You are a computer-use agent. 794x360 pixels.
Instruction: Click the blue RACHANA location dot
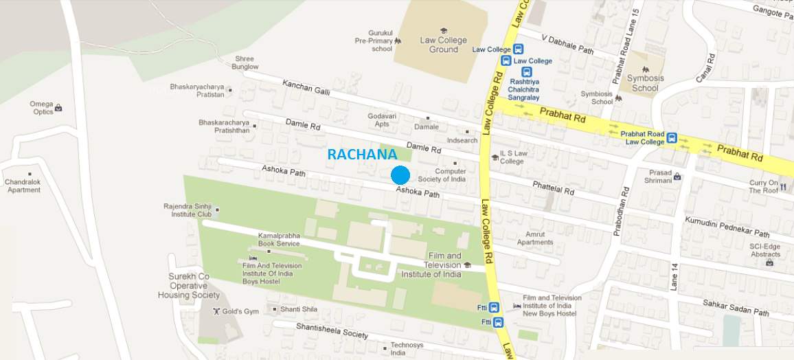coord(400,175)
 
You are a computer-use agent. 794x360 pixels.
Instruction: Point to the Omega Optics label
coord(41,108)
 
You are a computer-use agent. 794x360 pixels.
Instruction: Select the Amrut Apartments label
coord(535,238)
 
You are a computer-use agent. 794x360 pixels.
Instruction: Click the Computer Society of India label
coord(450,175)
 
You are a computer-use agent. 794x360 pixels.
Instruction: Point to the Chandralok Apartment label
coord(24,185)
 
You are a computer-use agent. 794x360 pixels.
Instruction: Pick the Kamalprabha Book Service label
coord(278,239)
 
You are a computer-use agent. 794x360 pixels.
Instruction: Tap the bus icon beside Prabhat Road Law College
coord(672,137)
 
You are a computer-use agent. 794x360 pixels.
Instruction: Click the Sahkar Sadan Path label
coord(736,307)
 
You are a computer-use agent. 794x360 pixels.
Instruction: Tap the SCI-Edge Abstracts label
coord(765,249)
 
